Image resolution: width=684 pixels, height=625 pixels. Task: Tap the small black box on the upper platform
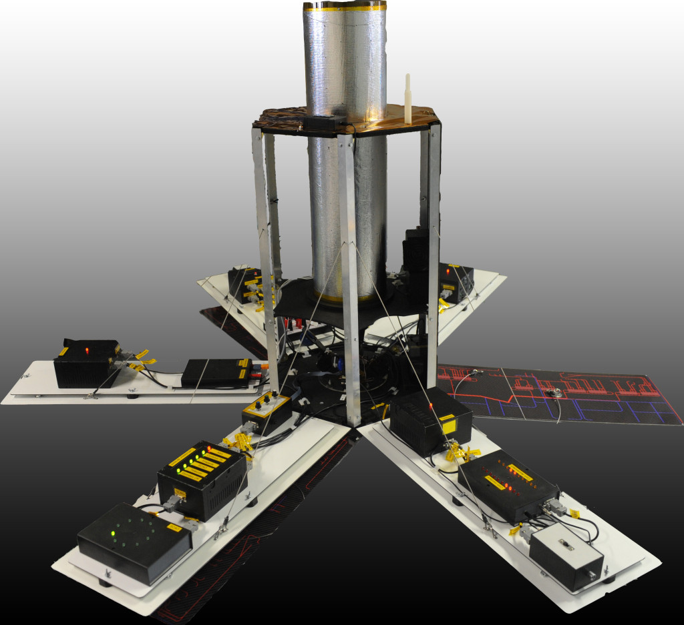(x=324, y=122)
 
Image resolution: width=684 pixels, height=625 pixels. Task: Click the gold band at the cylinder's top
(x=345, y=7)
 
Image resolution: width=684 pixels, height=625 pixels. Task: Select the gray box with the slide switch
(x=566, y=556)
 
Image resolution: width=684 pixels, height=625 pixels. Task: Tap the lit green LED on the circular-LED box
(x=113, y=534)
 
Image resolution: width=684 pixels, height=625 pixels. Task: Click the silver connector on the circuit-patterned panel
(x=554, y=394)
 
